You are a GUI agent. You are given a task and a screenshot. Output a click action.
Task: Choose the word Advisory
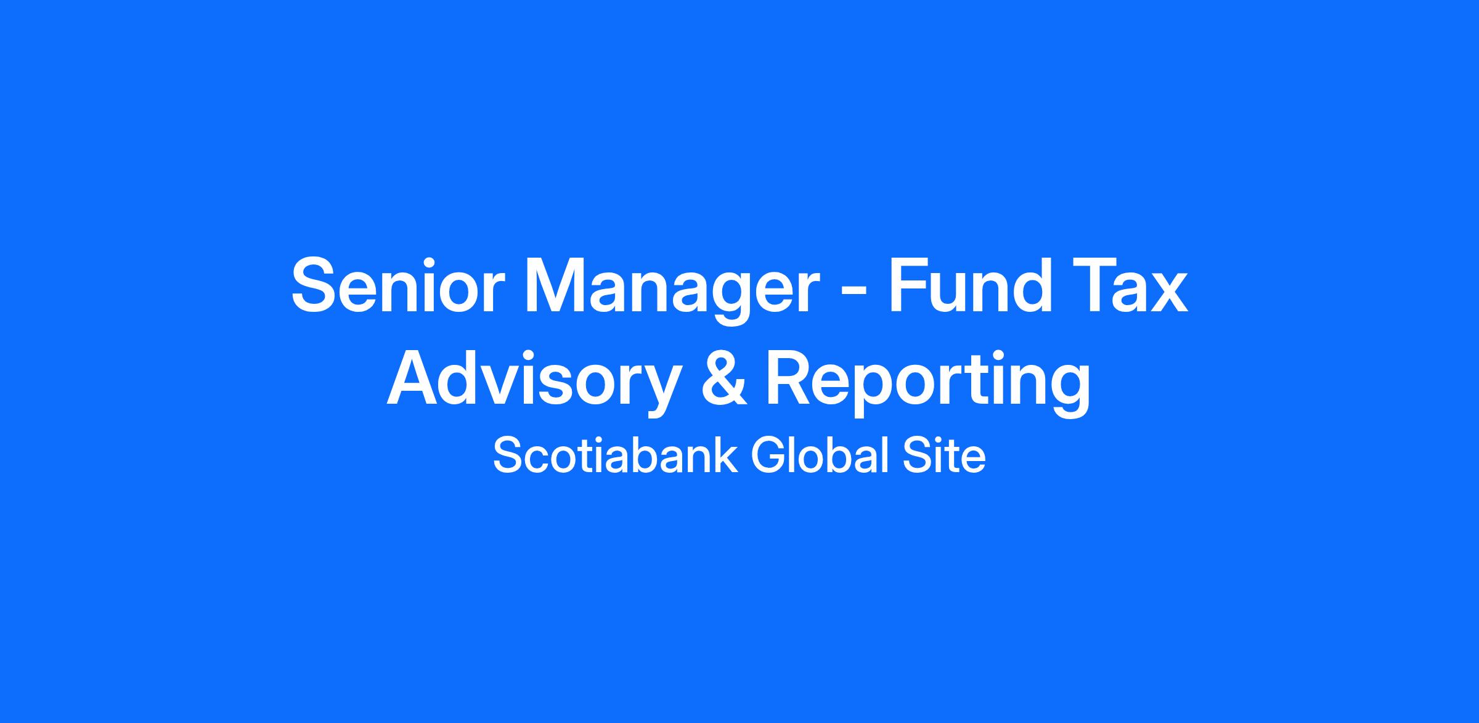point(534,382)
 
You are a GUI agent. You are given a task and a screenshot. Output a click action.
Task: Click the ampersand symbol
point(725,377)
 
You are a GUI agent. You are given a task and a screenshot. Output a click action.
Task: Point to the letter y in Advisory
point(659,391)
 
